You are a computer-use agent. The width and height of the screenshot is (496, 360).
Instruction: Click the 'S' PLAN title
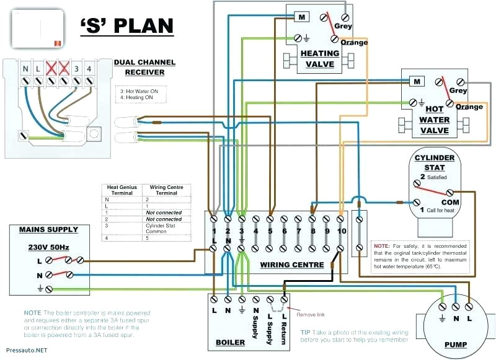(126, 27)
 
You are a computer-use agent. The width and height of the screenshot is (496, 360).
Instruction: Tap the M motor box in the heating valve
(302, 17)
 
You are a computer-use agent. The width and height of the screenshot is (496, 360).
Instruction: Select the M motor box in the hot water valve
(417, 81)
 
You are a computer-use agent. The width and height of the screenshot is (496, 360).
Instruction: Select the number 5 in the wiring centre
(270, 231)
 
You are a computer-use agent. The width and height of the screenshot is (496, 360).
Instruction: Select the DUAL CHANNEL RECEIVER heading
(144, 67)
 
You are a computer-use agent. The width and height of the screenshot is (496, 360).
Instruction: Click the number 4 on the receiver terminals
(89, 68)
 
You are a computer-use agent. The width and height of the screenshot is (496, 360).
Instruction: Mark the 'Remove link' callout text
(310, 314)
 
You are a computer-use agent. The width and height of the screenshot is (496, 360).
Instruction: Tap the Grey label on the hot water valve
(458, 90)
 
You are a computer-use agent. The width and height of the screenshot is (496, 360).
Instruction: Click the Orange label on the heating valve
(354, 42)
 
